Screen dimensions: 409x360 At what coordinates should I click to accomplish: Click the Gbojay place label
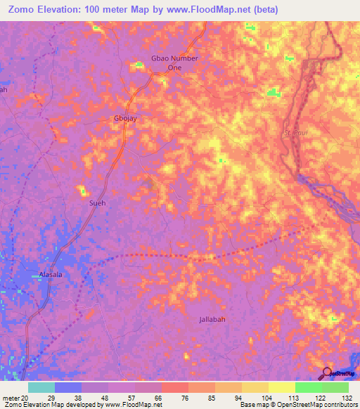[x=125, y=118]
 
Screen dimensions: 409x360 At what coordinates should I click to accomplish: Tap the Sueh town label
[x=98, y=203]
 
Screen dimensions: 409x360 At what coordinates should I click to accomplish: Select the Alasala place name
[x=50, y=275]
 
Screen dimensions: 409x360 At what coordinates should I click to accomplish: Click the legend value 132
[x=348, y=397]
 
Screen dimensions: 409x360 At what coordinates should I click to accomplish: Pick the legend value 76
[x=174, y=397]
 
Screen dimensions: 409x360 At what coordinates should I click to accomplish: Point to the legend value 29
[x=67, y=397]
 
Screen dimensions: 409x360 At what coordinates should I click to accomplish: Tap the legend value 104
[x=255, y=397]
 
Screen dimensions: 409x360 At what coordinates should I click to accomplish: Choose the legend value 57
[x=121, y=397]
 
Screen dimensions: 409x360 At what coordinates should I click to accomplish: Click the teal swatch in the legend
[x=41, y=387]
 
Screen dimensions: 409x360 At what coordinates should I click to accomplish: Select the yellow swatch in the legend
[x=281, y=387]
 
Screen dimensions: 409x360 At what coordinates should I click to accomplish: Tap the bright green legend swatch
[x=308, y=387]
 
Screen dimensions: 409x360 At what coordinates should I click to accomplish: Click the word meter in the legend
[x=11, y=397]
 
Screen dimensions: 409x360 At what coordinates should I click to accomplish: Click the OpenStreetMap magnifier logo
[x=328, y=373]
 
